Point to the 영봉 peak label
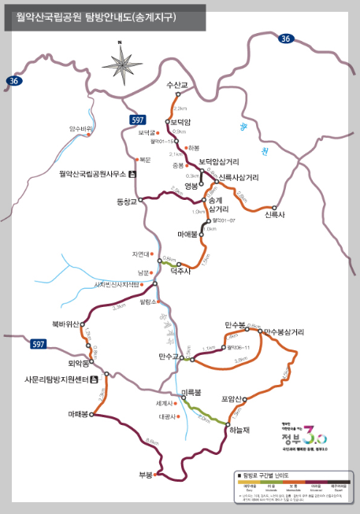coord(192,186)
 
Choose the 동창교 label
coord(127,202)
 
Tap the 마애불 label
coord(191,234)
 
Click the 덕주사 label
coord(181,271)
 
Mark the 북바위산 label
coord(65,324)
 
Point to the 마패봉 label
coord(82,414)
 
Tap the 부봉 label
coord(145,475)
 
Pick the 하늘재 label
coord(239,430)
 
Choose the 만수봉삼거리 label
coord(284,332)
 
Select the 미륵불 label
coord(191,392)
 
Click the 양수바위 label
coord(81,128)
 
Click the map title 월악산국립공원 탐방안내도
coord(92,16)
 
